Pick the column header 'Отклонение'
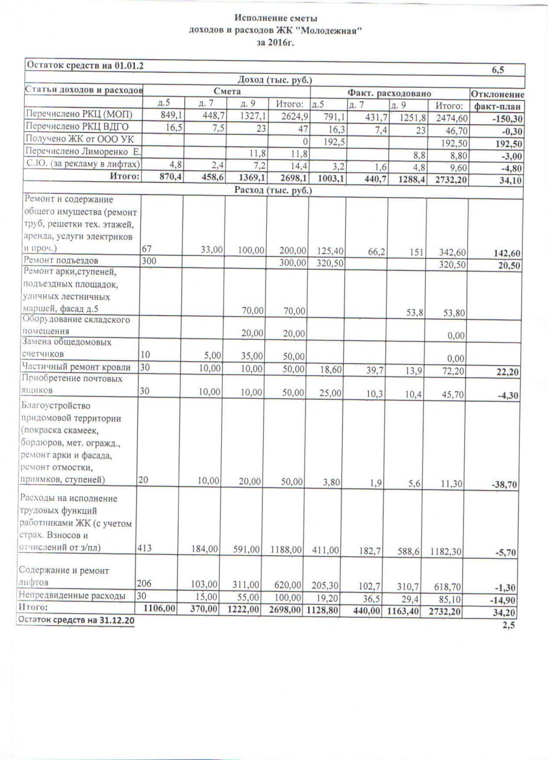click(497, 95)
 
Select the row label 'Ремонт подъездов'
click(60, 261)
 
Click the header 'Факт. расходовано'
click(389, 93)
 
